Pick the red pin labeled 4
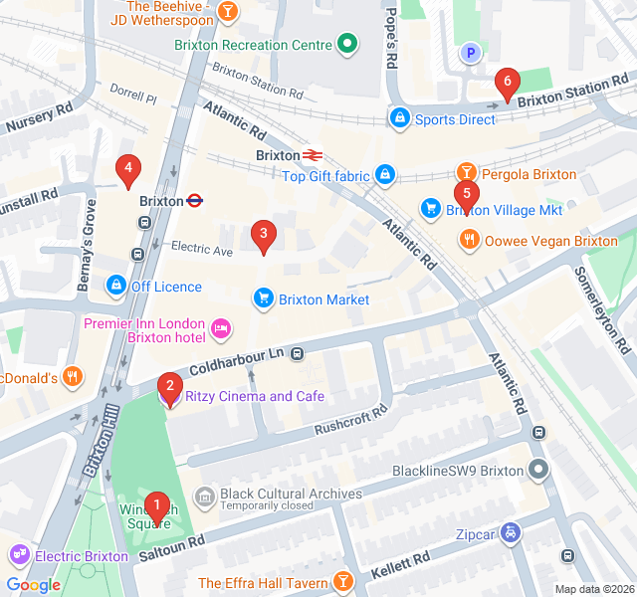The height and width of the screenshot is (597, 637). tap(126, 168)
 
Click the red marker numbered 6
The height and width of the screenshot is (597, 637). tap(508, 83)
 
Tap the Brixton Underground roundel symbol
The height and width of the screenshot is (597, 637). tap(196, 200)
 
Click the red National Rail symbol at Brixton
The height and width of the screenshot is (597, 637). tap(312, 155)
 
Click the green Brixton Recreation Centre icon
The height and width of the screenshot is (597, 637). tap(346, 44)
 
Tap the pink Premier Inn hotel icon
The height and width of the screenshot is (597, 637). tap(221, 325)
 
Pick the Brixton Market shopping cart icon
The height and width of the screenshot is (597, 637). tap(264, 298)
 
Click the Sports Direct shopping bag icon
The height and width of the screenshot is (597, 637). tap(399, 118)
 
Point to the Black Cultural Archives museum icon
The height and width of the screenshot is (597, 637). tap(205, 495)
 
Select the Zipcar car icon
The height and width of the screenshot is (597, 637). tap(511, 532)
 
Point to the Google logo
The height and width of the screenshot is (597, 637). tap(33, 585)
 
